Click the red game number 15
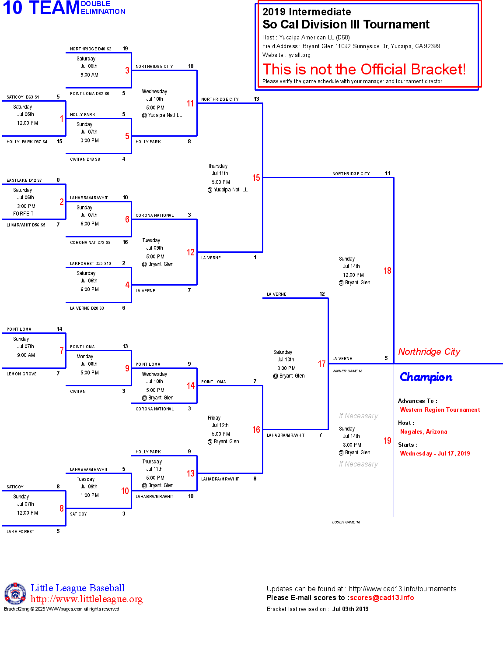(256, 178)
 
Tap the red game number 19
(387, 441)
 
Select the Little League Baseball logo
(15, 593)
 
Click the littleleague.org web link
(86, 599)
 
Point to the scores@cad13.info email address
(381, 597)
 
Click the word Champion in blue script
(426, 377)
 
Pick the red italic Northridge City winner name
(429, 352)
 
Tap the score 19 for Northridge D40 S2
(125, 49)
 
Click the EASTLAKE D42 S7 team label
(24, 180)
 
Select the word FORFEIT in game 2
(23, 214)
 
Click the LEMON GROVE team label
(21, 374)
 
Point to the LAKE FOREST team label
(20, 532)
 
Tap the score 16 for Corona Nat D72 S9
(125, 242)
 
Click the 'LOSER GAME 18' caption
(346, 522)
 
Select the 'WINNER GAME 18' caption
(347, 371)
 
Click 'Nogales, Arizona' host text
(423, 431)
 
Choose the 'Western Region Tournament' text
(440, 410)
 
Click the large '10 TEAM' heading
(41, 8)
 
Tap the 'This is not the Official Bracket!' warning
(364, 69)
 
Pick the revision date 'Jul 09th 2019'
(350, 609)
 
